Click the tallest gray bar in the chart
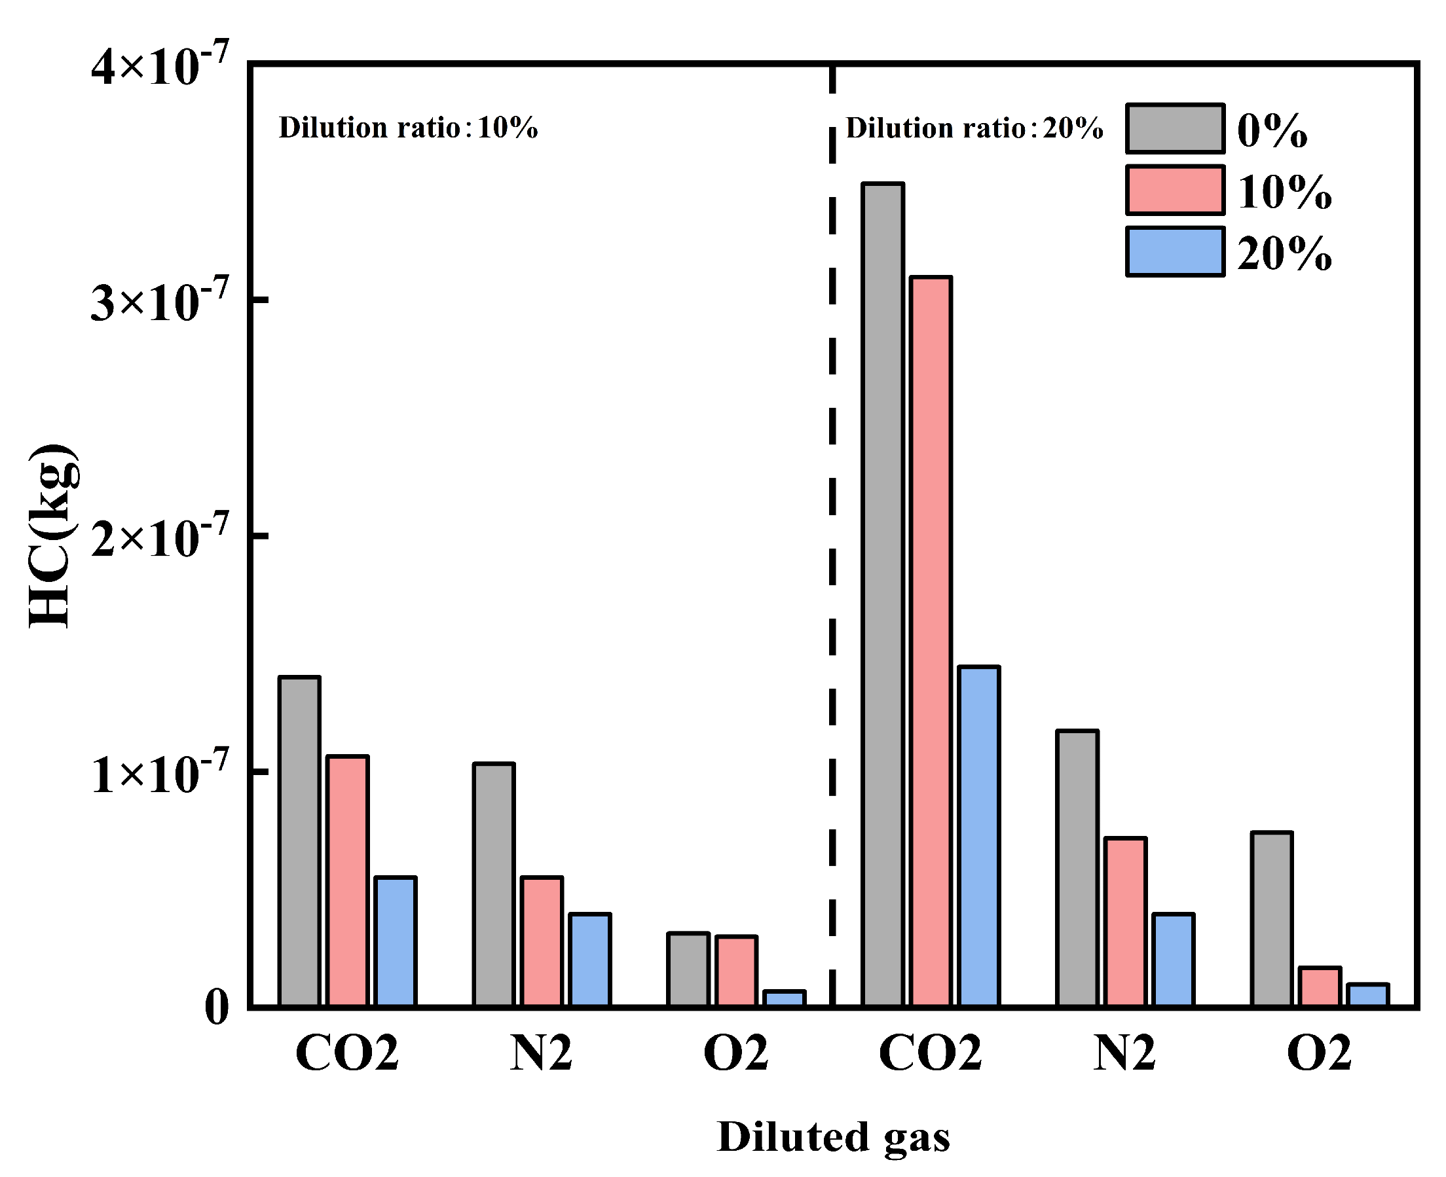pyautogui.click(x=882, y=594)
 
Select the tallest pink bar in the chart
pyautogui.click(x=931, y=641)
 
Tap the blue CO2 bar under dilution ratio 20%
pyautogui.click(x=978, y=836)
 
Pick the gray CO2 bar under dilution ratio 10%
pyautogui.click(x=299, y=841)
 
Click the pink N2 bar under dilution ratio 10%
pyautogui.click(x=542, y=941)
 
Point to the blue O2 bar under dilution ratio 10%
pyautogui.click(x=784, y=998)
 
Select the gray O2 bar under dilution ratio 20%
pyautogui.click(x=1272, y=918)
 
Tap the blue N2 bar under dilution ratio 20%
pyautogui.click(x=1174, y=960)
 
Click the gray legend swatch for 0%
pyautogui.click(x=1175, y=128)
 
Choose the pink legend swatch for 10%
pyautogui.click(x=1175, y=190)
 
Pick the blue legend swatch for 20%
pyautogui.click(x=1175, y=251)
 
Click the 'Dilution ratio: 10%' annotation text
pyautogui.click(x=408, y=128)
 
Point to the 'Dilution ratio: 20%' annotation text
pyautogui.click(x=974, y=128)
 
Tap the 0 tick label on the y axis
pyautogui.click(x=216, y=1007)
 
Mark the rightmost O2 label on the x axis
pyautogui.click(x=1319, y=1053)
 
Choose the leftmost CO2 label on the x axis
pyautogui.click(x=346, y=1053)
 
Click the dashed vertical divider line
pyautogui.click(x=832, y=535)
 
